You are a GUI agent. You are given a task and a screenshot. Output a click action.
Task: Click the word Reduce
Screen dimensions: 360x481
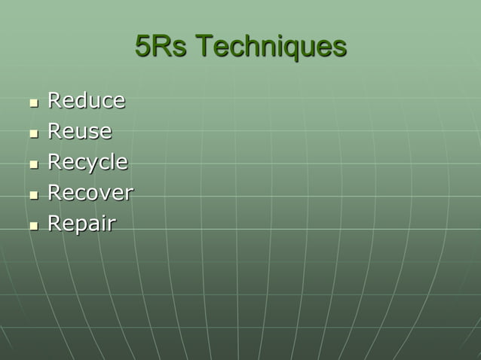pos(86,100)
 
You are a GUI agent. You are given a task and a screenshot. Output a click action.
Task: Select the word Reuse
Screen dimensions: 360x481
pos(79,131)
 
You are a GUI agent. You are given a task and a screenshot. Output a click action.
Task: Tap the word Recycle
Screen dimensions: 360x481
pos(87,163)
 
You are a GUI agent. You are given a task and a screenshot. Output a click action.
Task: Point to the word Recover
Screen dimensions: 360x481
pos(90,193)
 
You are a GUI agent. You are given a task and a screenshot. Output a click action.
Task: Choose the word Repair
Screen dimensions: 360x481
pos(81,224)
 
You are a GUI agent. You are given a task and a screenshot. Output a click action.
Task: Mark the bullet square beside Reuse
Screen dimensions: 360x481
pos(33,133)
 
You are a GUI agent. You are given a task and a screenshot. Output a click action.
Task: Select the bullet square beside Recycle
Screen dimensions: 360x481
pos(33,164)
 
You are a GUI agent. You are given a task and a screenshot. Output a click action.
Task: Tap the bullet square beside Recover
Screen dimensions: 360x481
pos(33,195)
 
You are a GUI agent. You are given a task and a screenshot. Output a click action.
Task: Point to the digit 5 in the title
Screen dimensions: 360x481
pos(142,47)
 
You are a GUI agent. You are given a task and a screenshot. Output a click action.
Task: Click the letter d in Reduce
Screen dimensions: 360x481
pos(79,100)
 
